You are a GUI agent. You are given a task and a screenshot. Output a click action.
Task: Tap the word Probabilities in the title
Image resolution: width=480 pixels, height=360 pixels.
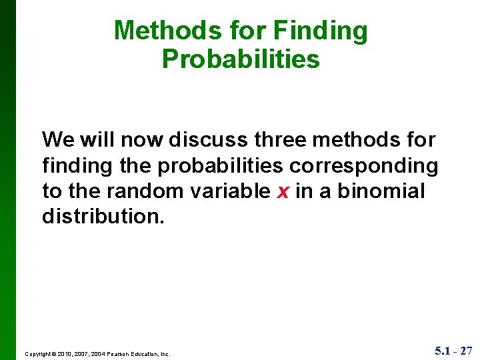tap(241, 59)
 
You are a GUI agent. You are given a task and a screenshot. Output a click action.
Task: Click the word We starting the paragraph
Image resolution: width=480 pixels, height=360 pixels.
tap(57, 140)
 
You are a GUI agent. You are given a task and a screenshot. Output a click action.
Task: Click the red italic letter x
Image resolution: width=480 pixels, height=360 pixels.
tap(282, 192)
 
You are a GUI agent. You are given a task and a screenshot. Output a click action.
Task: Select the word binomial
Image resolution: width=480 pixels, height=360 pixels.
tap(381, 191)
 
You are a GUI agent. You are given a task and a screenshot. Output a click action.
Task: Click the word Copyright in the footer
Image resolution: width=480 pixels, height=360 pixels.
tap(38, 354)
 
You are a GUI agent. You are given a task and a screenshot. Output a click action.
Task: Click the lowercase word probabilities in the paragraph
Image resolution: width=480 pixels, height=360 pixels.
tap(220, 166)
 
